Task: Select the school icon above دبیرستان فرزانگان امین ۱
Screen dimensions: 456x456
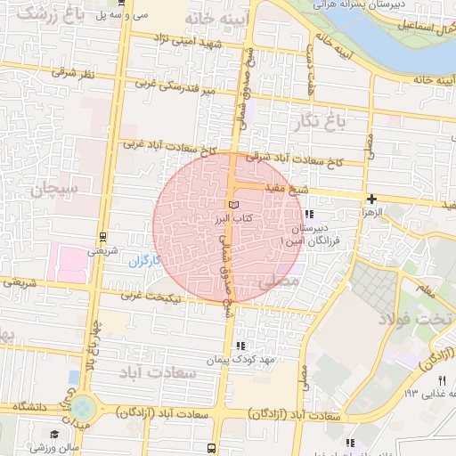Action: tap(308, 215)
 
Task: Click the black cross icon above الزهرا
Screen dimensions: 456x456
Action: tap(370, 199)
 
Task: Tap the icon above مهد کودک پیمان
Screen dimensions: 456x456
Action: tap(239, 346)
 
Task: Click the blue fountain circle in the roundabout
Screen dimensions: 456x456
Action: tap(83, 409)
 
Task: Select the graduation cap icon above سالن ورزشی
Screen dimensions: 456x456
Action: tap(55, 434)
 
